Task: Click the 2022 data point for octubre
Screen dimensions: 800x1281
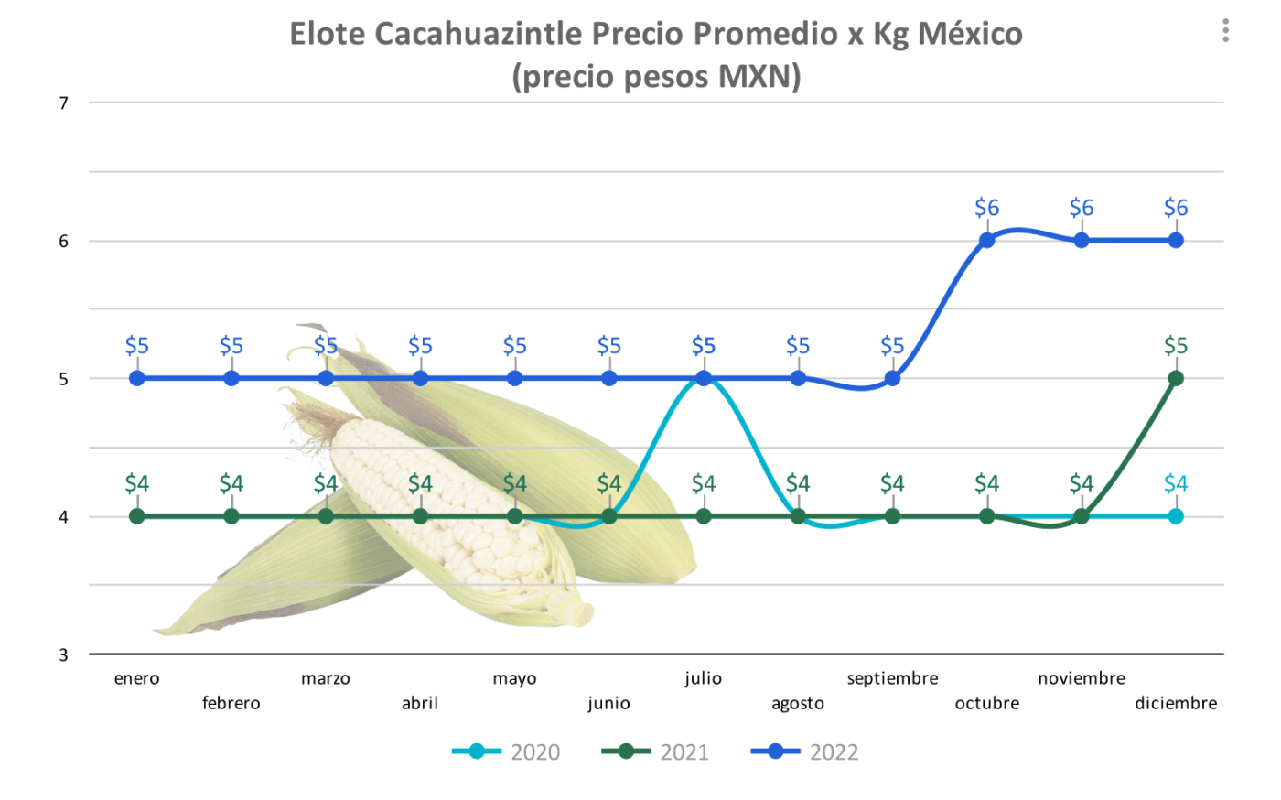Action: [986, 241]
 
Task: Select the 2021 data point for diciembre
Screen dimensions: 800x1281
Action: [1176, 378]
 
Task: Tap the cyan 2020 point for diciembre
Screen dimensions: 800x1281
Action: [1176, 516]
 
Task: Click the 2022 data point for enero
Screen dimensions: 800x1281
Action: [137, 378]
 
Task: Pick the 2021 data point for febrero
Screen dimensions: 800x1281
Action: [231, 516]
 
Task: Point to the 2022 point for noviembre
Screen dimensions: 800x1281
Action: [1082, 241]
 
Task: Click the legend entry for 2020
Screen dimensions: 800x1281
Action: [506, 752]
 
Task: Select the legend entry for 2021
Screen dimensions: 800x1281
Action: [655, 752]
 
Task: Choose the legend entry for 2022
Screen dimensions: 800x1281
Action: [805, 752]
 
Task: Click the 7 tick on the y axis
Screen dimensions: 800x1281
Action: [64, 103]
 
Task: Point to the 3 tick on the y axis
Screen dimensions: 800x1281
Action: [64, 654]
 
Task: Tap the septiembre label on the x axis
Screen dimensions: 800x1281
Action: [892, 678]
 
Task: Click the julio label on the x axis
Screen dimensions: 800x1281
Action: [703, 678]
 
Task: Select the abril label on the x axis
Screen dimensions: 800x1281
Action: [420, 703]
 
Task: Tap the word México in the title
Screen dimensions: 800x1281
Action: [970, 34]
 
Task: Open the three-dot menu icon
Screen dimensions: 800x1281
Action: [1225, 31]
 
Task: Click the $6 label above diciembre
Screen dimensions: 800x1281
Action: [1176, 208]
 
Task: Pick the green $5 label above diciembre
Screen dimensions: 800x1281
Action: [1176, 345]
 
